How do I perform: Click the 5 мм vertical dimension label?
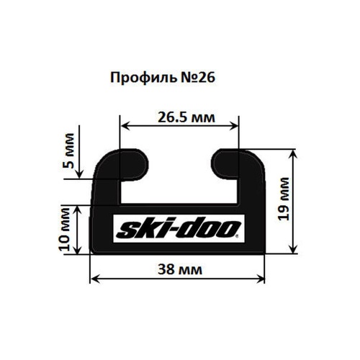[x=69, y=152]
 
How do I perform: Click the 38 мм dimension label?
[x=180, y=271]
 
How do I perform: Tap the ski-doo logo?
[x=178, y=229]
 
